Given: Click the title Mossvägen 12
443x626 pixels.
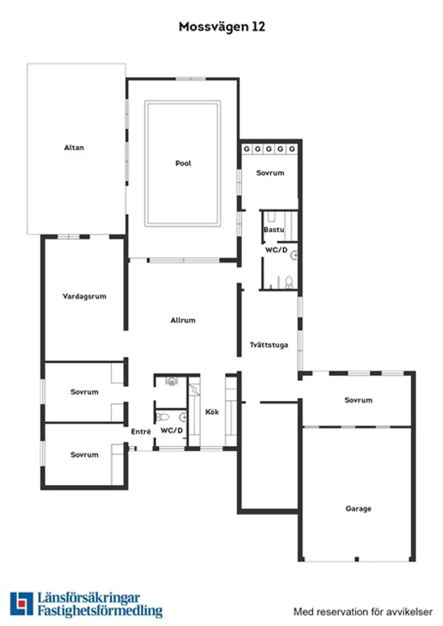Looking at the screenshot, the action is coord(222,27).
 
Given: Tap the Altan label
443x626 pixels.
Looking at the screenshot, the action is coord(74,148).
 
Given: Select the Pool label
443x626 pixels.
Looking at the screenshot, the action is coord(183,163).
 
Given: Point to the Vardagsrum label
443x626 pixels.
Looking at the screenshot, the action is coord(84,296).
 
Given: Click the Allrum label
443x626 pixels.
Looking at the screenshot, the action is coord(183,320).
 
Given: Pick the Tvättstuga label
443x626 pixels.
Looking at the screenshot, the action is coord(269,345).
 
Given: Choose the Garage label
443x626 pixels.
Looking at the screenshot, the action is coord(358,508).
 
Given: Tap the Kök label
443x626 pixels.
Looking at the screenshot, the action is coord(212,412).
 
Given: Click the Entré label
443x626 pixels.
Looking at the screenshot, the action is coord(141,432).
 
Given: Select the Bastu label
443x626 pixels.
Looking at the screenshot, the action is coord(274,230).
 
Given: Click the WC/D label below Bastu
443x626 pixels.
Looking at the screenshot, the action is coord(277,250).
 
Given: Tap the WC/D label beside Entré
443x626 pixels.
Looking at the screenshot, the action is coord(172,431).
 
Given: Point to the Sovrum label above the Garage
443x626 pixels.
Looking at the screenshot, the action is coord(358,400).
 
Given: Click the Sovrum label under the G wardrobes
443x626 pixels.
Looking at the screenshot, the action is coord(270,173).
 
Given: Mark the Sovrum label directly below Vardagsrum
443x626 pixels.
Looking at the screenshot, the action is coord(84,392).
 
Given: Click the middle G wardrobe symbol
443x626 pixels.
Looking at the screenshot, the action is coord(269,149).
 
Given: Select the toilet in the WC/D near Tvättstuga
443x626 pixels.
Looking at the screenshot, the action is coord(289,282).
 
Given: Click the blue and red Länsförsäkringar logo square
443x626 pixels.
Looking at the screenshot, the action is coord(21,603).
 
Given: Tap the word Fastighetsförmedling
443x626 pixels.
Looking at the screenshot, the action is coord(100,611).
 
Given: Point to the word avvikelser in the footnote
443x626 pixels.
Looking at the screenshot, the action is coord(412,612).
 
